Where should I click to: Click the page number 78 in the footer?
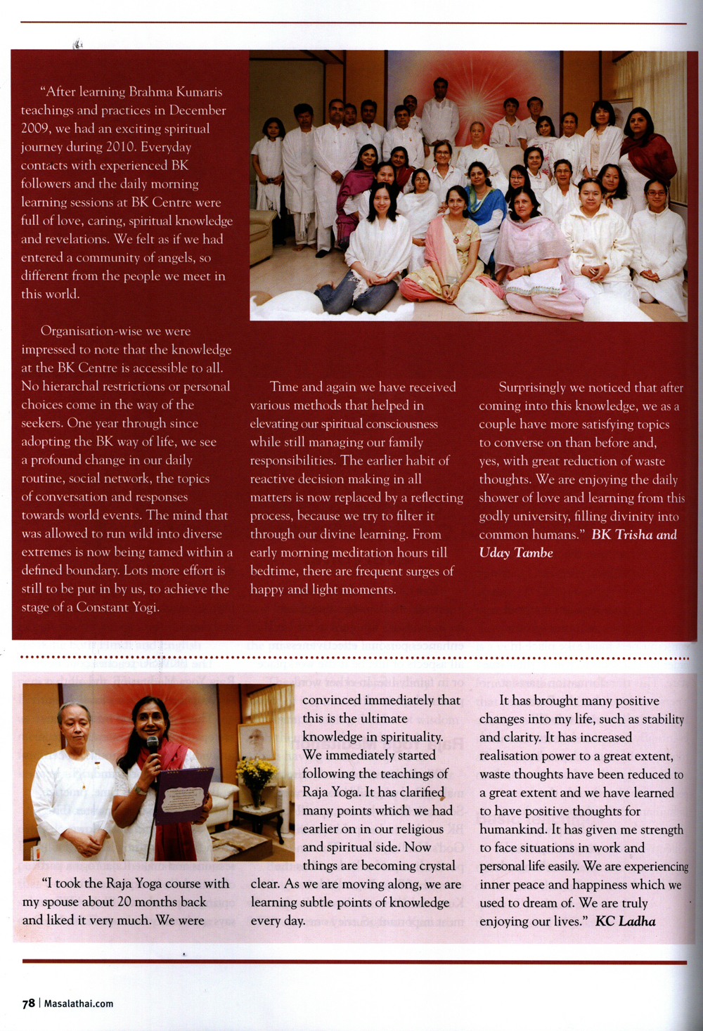[x=28, y=1003]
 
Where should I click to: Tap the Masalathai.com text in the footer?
[x=79, y=1004]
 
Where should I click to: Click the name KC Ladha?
[x=625, y=921]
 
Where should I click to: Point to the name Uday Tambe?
[x=516, y=552]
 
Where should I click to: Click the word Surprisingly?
[x=532, y=387]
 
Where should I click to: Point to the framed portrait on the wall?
[x=255, y=741]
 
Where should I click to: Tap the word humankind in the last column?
[x=513, y=829]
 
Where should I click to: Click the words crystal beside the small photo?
[x=430, y=866]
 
